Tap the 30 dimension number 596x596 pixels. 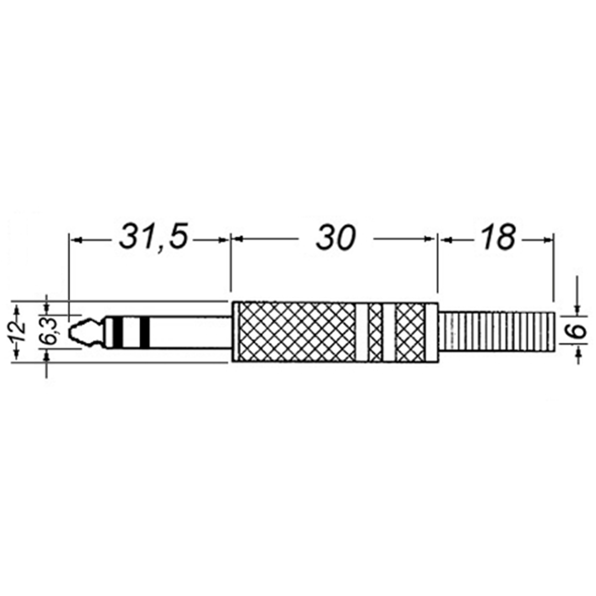tap(336, 237)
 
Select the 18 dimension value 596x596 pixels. tap(498, 237)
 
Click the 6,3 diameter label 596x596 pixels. tap(53, 331)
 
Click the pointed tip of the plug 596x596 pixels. tap(70, 332)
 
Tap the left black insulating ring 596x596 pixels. tap(118, 332)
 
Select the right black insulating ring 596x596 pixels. tap(145, 332)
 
